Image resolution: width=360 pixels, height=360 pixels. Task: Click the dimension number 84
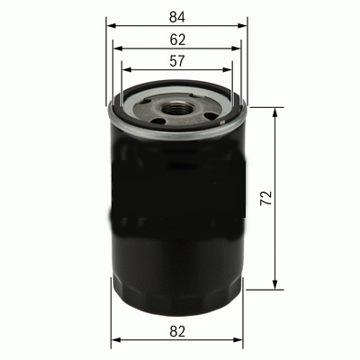click(176, 14)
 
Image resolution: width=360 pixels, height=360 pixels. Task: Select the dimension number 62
click(176, 40)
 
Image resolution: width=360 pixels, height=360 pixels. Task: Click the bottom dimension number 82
click(177, 331)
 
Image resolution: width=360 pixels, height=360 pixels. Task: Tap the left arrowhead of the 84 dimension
click(111, 26)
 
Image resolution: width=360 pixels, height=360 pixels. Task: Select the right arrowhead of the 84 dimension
click(242, 26)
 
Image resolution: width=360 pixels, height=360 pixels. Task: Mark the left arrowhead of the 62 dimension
click(118, 50)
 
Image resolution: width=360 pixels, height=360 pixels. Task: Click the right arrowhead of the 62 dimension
click(235, 50)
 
